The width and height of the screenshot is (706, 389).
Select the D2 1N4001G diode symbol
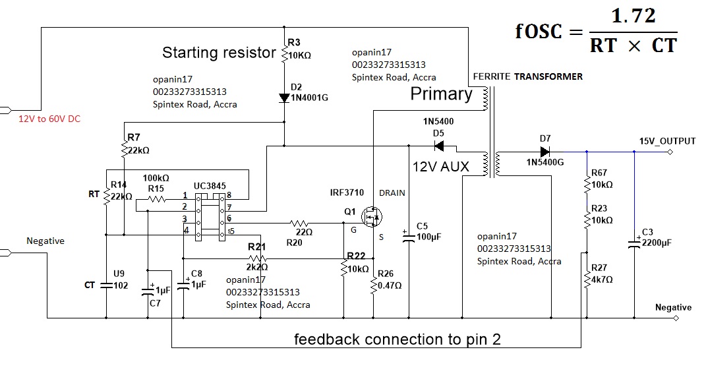tap(284, 98)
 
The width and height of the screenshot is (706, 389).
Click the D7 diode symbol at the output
tap(544, 152)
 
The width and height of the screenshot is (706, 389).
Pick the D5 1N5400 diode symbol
tap(438, 146)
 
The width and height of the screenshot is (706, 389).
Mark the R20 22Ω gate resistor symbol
tap(300, 223)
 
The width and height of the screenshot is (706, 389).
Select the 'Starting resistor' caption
tap(219, 53)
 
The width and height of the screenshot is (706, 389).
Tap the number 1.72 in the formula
tap(633, 16)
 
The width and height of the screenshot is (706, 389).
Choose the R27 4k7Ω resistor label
tap(600, 273)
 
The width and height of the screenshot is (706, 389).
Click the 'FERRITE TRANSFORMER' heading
tap(527, 76)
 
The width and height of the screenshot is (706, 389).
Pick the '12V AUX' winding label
tap(441, 167)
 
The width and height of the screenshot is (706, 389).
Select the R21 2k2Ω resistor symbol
tap(259, 259)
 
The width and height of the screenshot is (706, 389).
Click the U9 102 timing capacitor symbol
tap(106, 285)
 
